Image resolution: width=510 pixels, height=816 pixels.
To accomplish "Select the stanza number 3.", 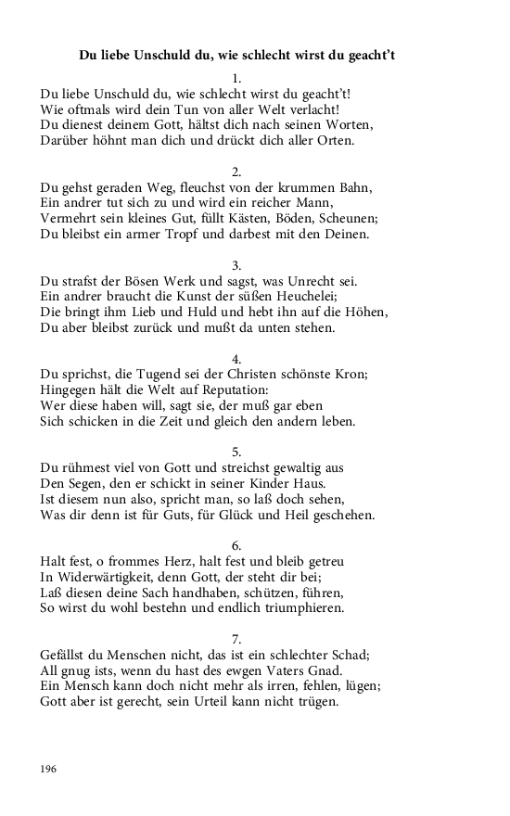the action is pos(236,265).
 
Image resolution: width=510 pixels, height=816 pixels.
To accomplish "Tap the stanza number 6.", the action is pos(236,545).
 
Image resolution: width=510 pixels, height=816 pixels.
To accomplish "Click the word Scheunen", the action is pos(347,218).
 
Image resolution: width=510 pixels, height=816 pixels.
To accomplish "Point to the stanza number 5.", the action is pos(236,452).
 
